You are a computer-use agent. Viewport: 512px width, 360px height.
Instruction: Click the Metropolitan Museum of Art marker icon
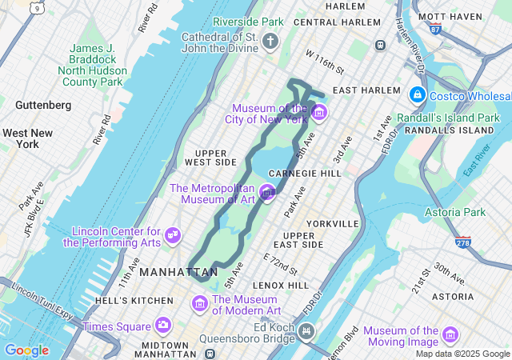pos(268,192)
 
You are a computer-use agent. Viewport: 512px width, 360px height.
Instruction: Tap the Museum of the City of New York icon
pos(319,112)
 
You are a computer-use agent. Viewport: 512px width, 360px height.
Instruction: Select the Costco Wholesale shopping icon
pos(416,96)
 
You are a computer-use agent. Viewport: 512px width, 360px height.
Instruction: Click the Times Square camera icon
pos(163,326)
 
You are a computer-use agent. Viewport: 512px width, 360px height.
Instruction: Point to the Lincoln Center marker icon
pos(173,235)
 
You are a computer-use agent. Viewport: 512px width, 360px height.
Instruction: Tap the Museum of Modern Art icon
pos(199,304)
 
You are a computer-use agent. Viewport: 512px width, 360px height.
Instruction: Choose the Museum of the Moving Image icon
pos(450,335)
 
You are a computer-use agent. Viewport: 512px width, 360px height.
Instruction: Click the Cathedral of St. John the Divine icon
pos(270,41)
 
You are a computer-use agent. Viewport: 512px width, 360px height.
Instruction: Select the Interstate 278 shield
pos(463,241)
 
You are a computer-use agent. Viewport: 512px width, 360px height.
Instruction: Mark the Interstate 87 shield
pos(434,30)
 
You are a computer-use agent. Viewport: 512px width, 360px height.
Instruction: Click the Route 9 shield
pos(36,7)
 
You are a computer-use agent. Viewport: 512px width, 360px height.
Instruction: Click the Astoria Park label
pos(455,212)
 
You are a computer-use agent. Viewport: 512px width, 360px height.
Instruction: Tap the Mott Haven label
pos(451,16)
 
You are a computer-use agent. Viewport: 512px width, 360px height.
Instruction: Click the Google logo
pos(26,350)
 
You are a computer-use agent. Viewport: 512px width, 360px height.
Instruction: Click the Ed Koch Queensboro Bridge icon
pos(307,330)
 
